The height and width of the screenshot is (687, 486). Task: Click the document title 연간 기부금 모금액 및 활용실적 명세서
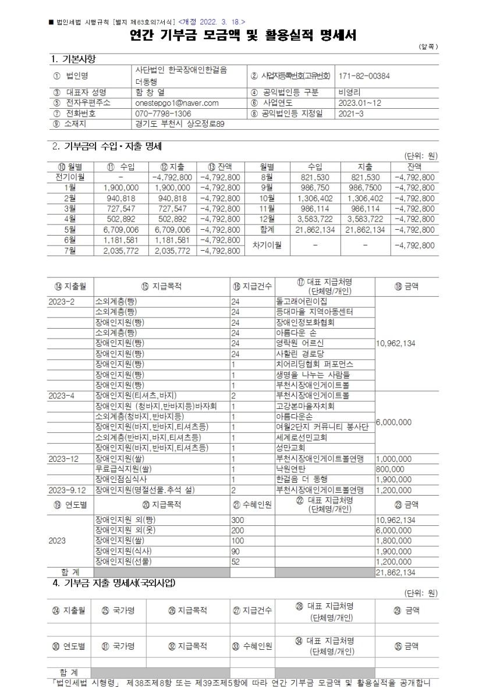(x=243, y=35)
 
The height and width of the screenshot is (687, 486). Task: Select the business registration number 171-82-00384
(x=364, y=76)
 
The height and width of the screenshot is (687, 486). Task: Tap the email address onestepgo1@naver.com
(x=176, y=103)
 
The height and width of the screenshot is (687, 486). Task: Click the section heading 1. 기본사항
(x=74, y=59)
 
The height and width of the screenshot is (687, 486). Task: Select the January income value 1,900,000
(x=120, y=187)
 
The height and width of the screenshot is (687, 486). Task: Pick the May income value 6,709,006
(x=120, y=230)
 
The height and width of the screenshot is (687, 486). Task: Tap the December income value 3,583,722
(x=315, y=219)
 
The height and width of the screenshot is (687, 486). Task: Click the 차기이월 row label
(x=267, y=245)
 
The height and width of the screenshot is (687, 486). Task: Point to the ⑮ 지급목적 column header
(x=161, y=286)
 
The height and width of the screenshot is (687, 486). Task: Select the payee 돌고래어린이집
(x=301, y=301)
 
